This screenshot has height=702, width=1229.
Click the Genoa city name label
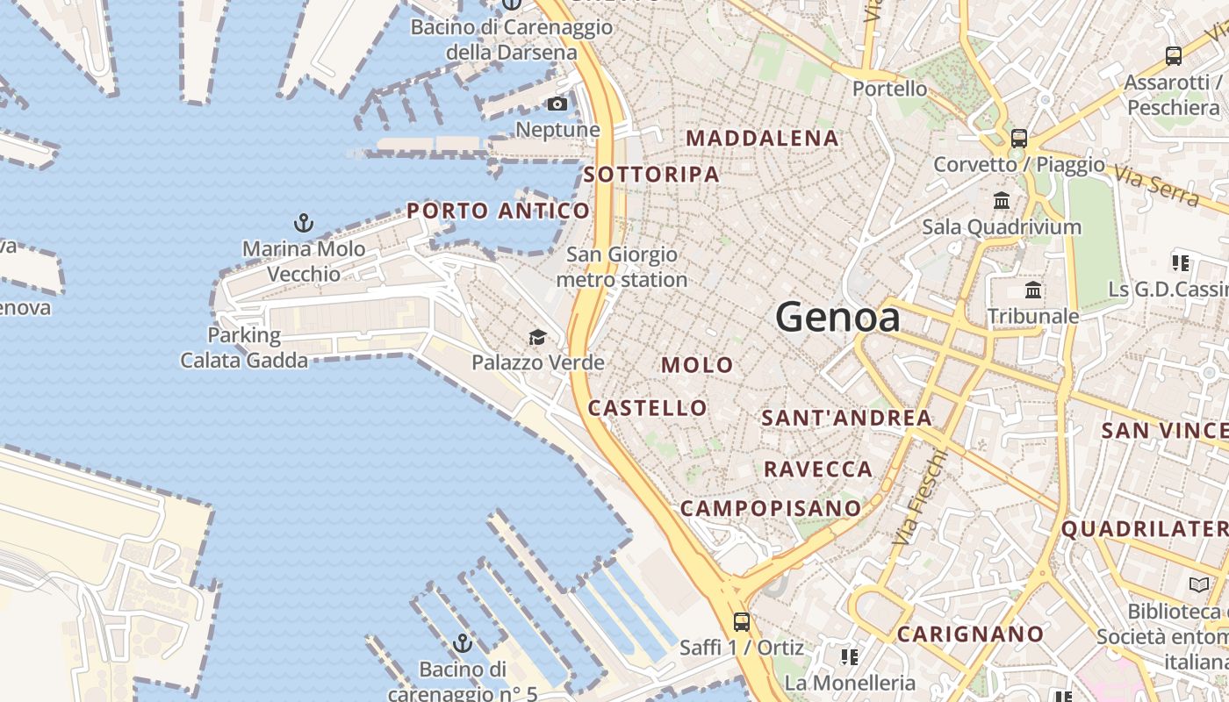tap(837, 317)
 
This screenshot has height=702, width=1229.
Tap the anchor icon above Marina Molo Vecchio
tap(304, 222)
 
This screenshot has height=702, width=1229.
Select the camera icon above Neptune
tap(557, 104)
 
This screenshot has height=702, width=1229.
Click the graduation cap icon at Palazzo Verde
tap(537, 337)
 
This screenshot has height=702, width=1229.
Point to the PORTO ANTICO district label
tap(498, 211)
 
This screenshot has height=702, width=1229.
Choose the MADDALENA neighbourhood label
tap(762, 138)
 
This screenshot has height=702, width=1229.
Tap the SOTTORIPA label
tap(651, 174)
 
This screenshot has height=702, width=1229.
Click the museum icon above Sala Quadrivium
tap(1002, 201)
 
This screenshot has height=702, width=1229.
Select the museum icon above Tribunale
tap(1033, 290)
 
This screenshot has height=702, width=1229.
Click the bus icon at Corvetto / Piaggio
tap(1019, 139)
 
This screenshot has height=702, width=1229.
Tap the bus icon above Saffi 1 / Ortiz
tap(742, 622)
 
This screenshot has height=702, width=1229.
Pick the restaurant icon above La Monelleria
tap(849, 656)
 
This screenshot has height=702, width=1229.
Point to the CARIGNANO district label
tap(970, 634)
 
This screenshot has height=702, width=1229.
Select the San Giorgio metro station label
tap(622, 268)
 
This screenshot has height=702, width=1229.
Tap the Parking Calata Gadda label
tap(244, 347)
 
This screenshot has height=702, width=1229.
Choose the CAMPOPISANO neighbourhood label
tap(771, 508)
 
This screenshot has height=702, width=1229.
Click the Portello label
tap(889, 89)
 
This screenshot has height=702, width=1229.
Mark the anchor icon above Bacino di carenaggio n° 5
tap(463, 644)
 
